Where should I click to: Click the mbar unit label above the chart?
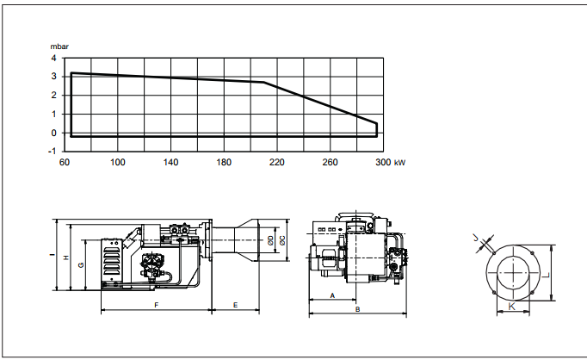tap(59, 47)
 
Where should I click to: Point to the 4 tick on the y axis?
tap(54, 58)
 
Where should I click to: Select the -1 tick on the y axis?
tap(52, 152)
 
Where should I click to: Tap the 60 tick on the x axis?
tap(65, 162)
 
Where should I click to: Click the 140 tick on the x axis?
tap(170, 162)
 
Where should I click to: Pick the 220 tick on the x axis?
tap(277, 162)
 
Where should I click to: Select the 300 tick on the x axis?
tap(383, 162)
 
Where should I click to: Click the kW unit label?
tap(399, 163)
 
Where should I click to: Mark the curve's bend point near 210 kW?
tap(264, 82)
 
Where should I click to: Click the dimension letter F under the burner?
tap(157, 305)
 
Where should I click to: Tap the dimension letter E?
tap(236, 305)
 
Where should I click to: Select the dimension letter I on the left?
tap(52, 255)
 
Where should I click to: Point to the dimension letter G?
tap(81, 265)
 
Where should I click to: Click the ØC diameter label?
tap(282, 240)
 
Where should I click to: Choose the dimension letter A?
tap(332, 296)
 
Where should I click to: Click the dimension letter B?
tap(357, 309)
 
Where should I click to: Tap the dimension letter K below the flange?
tap(512, 306)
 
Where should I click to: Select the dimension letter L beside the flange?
tap(547, 276)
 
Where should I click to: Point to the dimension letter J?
tap(476, 238)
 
